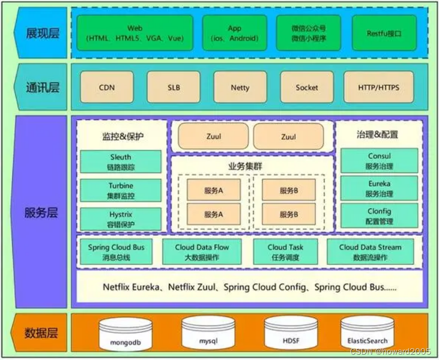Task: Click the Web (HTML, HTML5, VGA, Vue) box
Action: pos(135,33)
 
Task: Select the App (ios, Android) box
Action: pos(234,33)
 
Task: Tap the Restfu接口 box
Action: pos(384,33)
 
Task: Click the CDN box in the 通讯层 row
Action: pos(107,87)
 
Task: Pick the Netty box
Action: pos(240,87)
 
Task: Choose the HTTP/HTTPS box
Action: pos(379,87)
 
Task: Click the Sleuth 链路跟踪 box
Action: pos(120,162)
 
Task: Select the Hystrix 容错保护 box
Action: pos(120,219)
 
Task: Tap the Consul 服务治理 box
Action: pos(379,161)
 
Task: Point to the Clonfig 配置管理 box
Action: pos(379,215)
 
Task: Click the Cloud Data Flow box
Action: pos(201,252)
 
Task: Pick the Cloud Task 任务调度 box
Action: pos(285,252)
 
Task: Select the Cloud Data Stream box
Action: pos(370,252)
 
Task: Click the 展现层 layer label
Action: pos(42,33)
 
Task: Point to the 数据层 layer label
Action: pos(42,334)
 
